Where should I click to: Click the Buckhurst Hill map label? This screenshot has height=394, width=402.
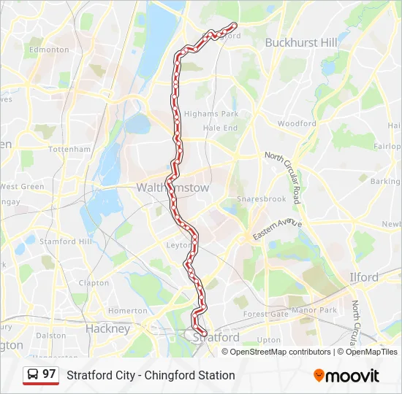coord(301,42)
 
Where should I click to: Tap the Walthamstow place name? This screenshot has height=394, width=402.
coord(172,188)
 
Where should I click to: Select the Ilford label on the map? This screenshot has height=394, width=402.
coord(363,277)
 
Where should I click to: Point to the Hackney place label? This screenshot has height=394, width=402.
coord(107,328)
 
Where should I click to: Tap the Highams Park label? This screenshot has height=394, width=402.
coord(211,114)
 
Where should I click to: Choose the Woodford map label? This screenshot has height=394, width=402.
coord(297,124)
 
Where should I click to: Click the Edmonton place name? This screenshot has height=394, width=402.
coord(49,50)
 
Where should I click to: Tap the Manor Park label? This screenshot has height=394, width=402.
coord(314,310)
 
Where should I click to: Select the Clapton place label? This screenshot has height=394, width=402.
coord(94,283)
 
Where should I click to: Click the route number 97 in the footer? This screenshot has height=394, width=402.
coord(49,374)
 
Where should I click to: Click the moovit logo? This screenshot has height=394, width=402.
coord(346,376)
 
